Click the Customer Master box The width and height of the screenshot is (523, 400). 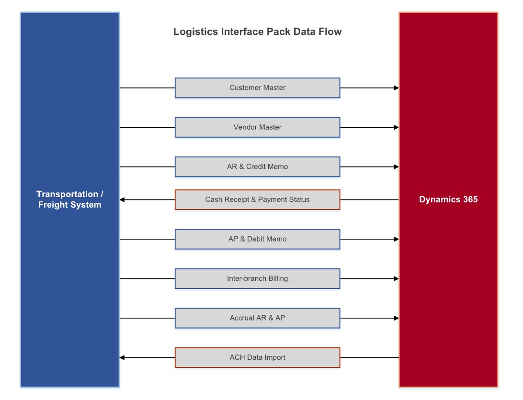tap(257, 88)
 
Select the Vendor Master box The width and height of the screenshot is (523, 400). tap(257, 127)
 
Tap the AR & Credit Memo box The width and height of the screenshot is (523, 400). tap(257, 167)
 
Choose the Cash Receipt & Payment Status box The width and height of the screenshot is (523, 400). tap(257, 200)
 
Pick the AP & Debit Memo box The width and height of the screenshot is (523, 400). tap(257, 239)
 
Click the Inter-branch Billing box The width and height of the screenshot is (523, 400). tap(257, 278)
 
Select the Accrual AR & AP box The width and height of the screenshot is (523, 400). tap(257, 318)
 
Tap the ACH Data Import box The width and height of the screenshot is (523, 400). tap(257, 357)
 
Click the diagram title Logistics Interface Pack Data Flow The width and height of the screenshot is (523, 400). tap(257, 32)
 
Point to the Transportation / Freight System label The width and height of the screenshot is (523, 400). tap(70, 200)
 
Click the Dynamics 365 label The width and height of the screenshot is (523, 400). tap(448, 200)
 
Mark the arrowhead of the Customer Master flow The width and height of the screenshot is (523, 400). tap(396, 88)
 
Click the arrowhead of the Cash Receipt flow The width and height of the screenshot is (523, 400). tap(122, 200)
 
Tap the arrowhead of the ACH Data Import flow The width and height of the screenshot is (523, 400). tap(122, 357)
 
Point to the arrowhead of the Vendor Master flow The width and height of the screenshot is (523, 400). tap(396, 127)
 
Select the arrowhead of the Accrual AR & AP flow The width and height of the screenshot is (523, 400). tap(396, 318)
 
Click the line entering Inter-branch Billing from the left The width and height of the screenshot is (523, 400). tap(147, 278)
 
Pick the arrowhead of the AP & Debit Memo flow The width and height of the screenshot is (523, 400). tap(396, 239)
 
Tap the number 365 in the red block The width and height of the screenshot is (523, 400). tap(469, 200)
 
